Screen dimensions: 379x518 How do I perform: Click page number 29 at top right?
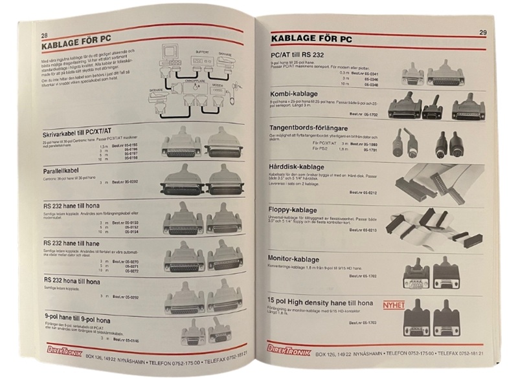pos(483,32)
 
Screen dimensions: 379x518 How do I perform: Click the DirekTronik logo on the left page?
pos(53,351)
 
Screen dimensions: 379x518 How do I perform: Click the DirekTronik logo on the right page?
pos(289,350)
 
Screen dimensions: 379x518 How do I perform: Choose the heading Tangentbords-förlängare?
pos(312,129)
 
